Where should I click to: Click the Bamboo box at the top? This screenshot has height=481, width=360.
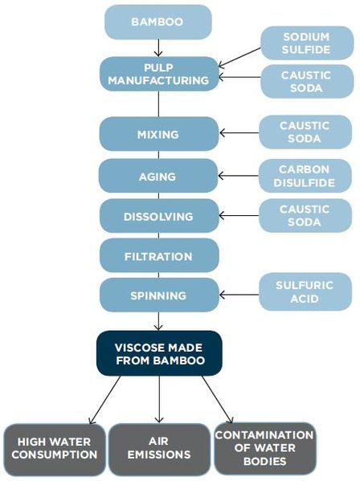158,22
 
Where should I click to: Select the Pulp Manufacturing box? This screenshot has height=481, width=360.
158,73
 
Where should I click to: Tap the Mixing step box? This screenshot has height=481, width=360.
158,133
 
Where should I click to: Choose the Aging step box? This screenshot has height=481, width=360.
158,175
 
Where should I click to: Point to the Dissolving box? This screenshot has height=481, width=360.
158,216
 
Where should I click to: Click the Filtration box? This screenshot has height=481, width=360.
158,256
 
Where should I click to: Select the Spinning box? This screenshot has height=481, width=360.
158,296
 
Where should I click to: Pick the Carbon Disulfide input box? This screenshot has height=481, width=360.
305,175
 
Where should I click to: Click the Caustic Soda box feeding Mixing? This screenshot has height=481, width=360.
305,133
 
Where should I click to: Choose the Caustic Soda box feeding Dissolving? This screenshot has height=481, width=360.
305,216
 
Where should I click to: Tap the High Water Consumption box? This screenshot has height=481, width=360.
54,448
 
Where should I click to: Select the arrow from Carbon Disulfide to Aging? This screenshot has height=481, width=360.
239,175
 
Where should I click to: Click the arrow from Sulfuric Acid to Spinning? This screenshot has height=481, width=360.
239,296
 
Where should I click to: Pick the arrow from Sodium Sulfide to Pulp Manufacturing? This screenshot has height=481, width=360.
239,56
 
